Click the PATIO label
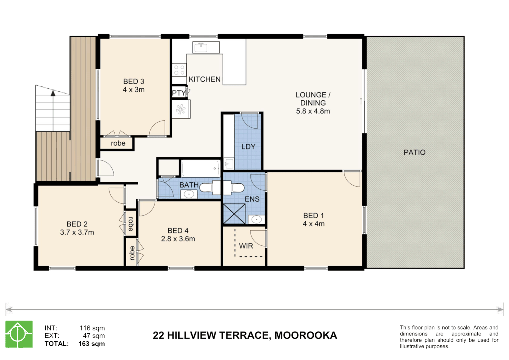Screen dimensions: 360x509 pyautogui.click(x=414, y=152)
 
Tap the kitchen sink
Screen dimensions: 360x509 pyautogui.click(x=201, y=48)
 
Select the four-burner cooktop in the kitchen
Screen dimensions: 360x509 pyautogui.click(x=179, y=70)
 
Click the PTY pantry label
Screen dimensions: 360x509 pyautogui.click(x=179, y=93)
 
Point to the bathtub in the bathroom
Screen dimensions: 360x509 pyautogui.click(x=200, y=168)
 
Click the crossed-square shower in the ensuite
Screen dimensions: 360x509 pyautogui.click(x=234, y=214)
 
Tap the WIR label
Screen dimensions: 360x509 pyautogui.click(x=246, y=246)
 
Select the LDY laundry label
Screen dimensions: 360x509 pyautogui.click(x=248, y=147)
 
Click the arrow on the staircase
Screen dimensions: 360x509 pyautogui.click(x=53, y=93)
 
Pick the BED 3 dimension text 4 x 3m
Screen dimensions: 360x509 pyautogui.click(x=134, y=90)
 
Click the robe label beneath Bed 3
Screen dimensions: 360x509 pyautogui.click(x=118, y=143)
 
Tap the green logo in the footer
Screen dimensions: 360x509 pyautogui.click(x=19, y=334)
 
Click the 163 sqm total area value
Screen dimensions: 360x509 pyautogui.click(x=92, y=344)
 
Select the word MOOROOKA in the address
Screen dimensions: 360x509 pyautogui.click(x=306, y=335)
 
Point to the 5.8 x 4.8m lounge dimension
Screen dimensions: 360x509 pyautogui.click(x=313, y=111)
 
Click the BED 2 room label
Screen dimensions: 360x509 pyautogui.click(x=77, y=224)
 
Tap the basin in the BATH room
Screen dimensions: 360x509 pyautogui.click(x=189, y=194)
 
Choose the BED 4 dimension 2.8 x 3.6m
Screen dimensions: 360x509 pyautogui.click(x=178, y=239)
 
